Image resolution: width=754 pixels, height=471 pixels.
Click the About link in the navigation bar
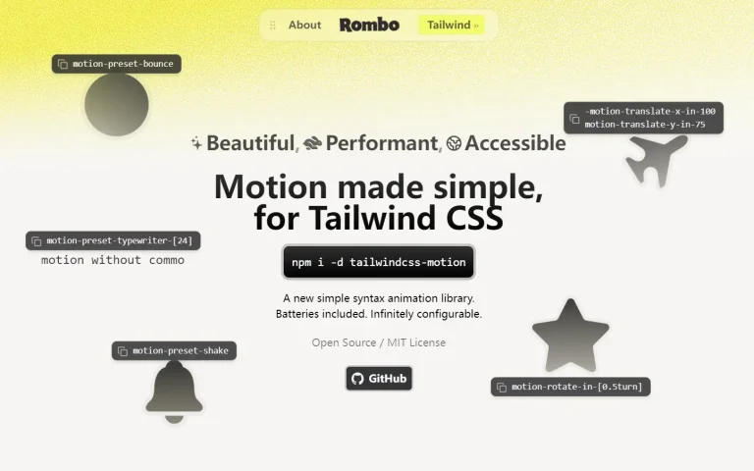pos(304,25)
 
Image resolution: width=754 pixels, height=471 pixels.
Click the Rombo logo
pos(369,25)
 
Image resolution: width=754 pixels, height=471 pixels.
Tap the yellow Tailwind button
pos(452,25)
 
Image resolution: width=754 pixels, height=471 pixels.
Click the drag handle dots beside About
pos(273,25)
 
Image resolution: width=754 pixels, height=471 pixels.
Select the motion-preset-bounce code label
pos(117,64)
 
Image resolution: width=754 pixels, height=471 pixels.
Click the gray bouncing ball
pos(117,104)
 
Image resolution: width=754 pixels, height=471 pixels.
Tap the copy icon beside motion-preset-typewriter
pos(36,241)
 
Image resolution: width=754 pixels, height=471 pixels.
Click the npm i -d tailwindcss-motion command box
pos(378,262)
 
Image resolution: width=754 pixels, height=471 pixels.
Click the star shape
pos(570,337)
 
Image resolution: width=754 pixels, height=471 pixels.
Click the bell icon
pos(174,392)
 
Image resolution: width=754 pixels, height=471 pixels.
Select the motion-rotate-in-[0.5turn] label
pos(570,387)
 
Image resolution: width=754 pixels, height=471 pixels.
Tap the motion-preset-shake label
pos(174,351)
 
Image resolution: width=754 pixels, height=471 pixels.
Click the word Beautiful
pos(250,143)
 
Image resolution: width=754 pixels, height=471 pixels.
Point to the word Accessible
pos(515,143)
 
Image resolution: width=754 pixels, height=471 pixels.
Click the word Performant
pos(381,143)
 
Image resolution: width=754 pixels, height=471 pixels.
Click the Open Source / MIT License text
pos(378,342)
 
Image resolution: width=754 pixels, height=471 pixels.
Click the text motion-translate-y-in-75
pos(645,125)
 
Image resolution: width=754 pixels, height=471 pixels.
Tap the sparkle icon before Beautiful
pos(196,142)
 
